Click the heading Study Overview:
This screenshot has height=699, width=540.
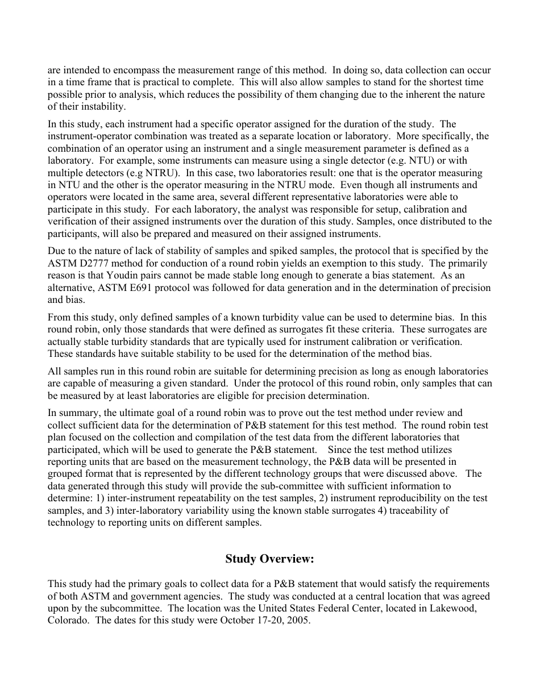(x=269, y=559)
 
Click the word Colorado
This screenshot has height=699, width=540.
(x=67, y=621)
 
